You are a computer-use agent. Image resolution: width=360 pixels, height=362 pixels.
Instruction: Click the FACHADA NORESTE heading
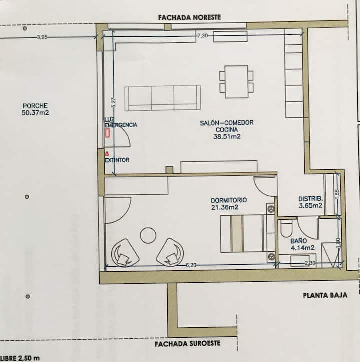[189, 18]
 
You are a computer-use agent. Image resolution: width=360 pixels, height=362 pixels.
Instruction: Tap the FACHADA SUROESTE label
[187, 344]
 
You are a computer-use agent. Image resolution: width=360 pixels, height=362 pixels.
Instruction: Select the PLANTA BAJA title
[325, 295]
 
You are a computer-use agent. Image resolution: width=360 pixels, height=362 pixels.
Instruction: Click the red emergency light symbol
[107, 133]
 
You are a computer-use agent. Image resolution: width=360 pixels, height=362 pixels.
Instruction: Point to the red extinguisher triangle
[107, 153]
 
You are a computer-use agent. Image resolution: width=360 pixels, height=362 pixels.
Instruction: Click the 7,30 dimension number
[202, 36]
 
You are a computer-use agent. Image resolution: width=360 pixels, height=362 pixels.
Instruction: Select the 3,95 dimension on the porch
[42, 37]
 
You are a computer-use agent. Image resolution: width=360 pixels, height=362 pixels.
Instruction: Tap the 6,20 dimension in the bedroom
[191, 265]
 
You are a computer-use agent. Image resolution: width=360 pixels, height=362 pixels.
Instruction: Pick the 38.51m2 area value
[227, 137]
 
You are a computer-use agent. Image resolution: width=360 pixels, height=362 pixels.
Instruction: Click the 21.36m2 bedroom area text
[225, 207]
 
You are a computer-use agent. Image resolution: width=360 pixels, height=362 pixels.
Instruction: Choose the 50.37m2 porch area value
[35, 113]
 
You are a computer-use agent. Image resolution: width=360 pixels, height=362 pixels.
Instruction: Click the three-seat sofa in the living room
[163, 98]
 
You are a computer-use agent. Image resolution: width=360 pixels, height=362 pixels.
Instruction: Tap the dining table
[236, 82]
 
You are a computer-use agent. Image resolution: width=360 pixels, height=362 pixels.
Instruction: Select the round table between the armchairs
[148, 235]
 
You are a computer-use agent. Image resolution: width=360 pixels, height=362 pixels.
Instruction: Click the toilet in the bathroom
[286, 228]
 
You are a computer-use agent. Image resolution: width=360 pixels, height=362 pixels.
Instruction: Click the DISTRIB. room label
[310, 199]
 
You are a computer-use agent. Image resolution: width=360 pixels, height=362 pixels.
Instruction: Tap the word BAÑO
[298, 241]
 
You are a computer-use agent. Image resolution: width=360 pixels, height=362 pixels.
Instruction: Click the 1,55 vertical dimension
[337, 194]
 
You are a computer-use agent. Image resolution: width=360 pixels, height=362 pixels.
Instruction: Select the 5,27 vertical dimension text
[113, 102]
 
